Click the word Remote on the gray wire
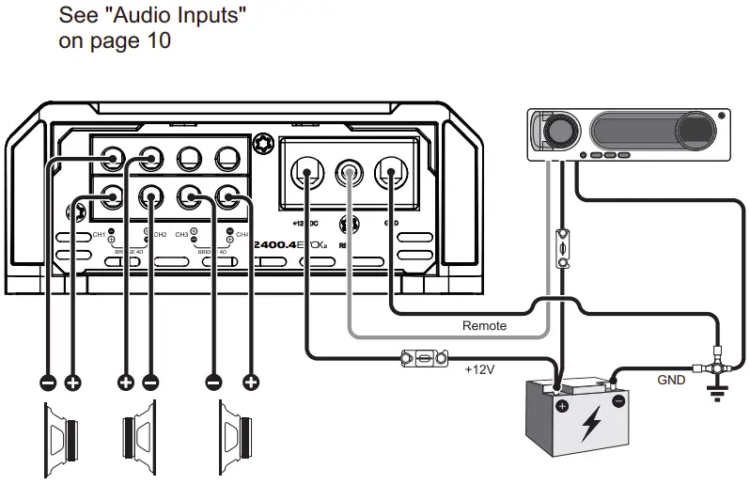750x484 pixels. (484, 326)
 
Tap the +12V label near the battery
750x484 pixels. (479, 369)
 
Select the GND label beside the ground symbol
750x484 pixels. (671, 381)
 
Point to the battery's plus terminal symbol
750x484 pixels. (562, 406)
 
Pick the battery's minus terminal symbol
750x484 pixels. (618, 401)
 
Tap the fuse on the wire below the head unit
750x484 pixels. (561, 245)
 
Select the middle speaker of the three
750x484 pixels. (141, 439)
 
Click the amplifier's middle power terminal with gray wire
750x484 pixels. (350, 173)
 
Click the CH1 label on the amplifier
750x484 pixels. (98, 234)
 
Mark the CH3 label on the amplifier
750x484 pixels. (182, 234)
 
